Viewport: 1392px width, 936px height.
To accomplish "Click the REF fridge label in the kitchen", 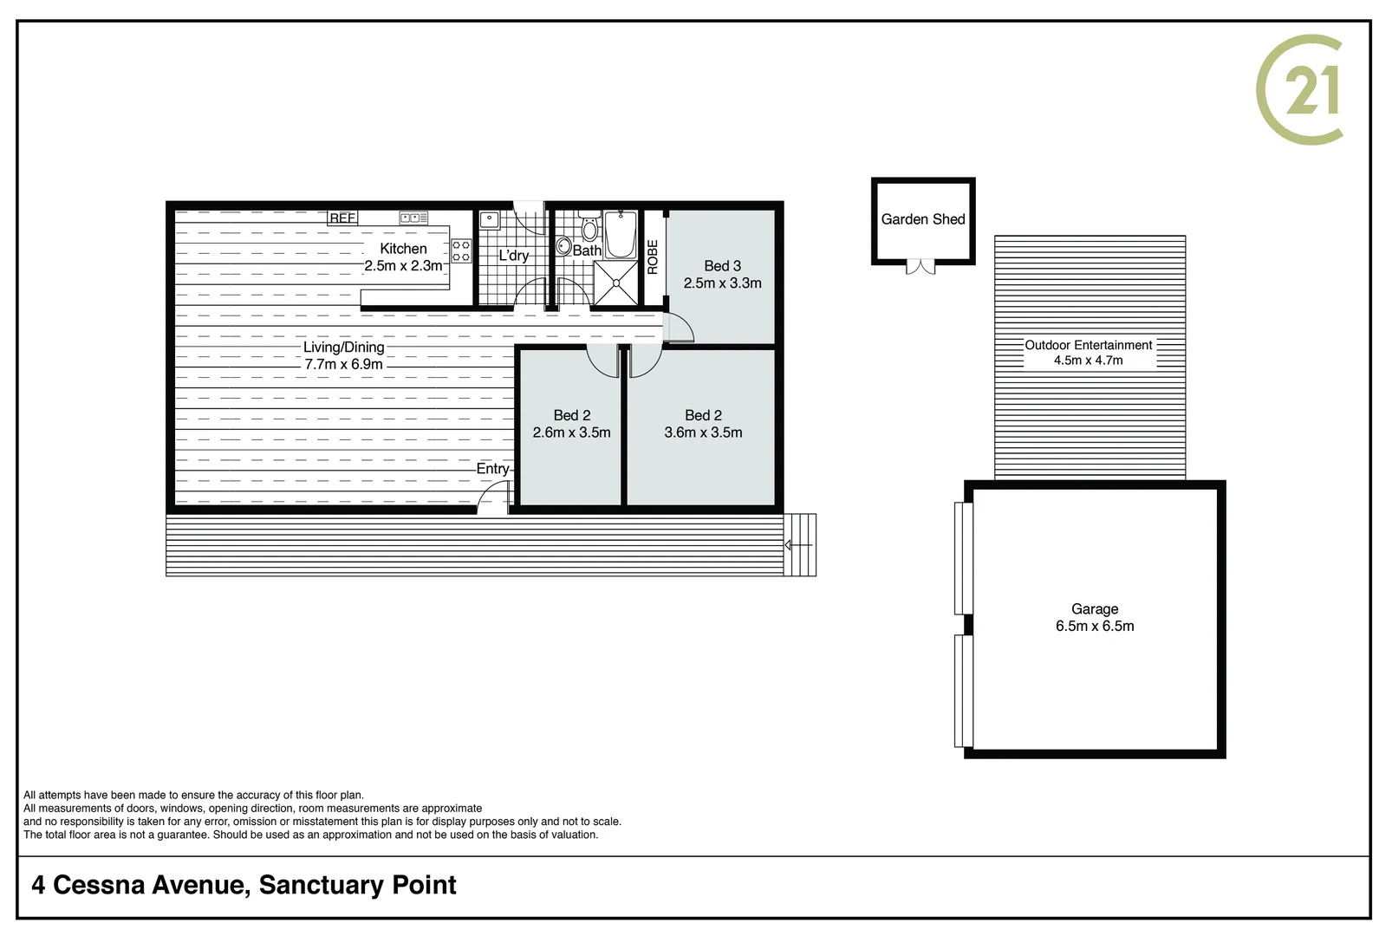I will (342, 218).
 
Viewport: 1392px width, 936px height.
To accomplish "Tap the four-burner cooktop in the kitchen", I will (461, 251).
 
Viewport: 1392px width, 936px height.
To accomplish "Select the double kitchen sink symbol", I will (413, 218).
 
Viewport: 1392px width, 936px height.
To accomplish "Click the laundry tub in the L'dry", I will (490, 219).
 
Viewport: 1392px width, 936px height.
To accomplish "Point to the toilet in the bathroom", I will (589, 229).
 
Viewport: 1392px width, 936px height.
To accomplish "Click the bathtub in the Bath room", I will (621, 234).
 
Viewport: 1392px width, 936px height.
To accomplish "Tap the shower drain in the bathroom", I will (616, 283).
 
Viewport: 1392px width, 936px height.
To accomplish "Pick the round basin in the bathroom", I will (563, 246).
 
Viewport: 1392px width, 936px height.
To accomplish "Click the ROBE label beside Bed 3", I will (653, 257).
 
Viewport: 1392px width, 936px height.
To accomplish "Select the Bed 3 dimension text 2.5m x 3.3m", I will (722, 283).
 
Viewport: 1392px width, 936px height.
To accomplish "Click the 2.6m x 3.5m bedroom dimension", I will (571, 432).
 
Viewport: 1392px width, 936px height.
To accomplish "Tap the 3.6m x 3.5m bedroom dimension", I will (703, 432).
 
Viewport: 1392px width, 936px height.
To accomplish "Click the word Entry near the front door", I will (492, 469).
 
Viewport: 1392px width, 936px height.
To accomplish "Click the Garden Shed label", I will (923, 220).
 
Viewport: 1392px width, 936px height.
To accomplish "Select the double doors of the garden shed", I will (921, 267).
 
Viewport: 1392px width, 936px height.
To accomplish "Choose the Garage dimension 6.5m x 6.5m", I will (1095, 627).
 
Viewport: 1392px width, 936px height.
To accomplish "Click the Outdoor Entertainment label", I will (1089, 345).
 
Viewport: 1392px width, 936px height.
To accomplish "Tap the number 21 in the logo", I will (1312, 90).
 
